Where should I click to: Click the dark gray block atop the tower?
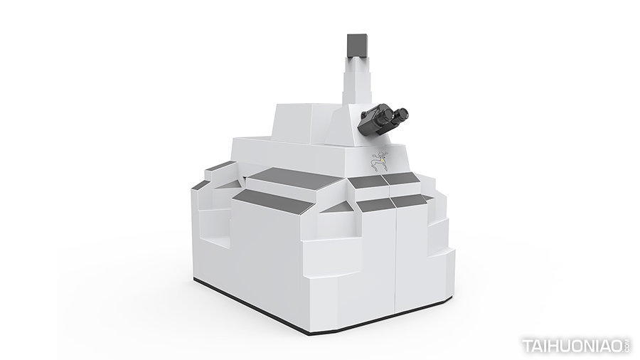[x=358, y=46]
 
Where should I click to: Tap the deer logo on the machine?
[x=379, y=161]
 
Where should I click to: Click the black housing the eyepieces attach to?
[x=369, y=120]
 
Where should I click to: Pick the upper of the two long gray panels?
[x=294, y=179]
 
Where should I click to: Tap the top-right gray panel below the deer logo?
[x=402, y=178]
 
